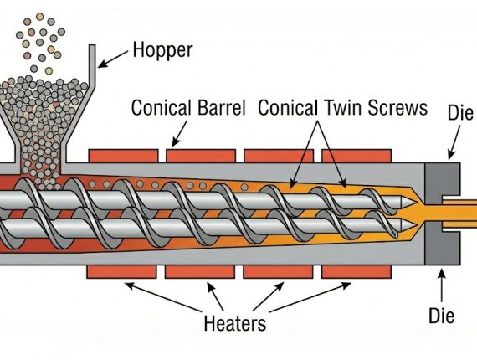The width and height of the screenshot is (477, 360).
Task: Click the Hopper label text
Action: click(163, 50)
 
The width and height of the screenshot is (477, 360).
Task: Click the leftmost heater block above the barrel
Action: click(122, 157)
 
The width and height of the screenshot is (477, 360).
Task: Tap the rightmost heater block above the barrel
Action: click(356, 157)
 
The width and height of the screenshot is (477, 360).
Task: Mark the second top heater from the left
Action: click(200, 157)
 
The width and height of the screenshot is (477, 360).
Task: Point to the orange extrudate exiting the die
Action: click(464, 213)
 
